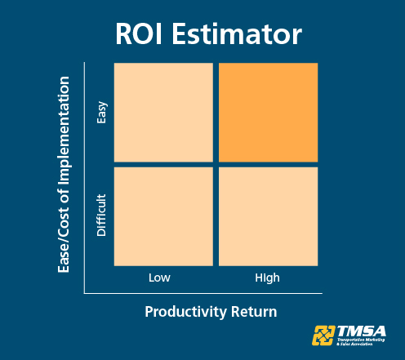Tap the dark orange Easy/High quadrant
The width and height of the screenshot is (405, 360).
point(268,112)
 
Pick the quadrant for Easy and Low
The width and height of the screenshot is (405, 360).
point(163,112)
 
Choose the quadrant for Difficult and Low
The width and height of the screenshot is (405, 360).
point(163,216)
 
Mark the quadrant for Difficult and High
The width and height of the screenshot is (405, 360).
point(268,216)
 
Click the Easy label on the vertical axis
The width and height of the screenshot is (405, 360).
point(102,112)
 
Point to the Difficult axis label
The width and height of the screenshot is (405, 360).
point(102,215)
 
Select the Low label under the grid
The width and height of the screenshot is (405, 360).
point(159,278)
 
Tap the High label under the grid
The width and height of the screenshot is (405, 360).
point(267,278)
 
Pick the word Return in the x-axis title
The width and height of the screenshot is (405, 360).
point(253,312)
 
